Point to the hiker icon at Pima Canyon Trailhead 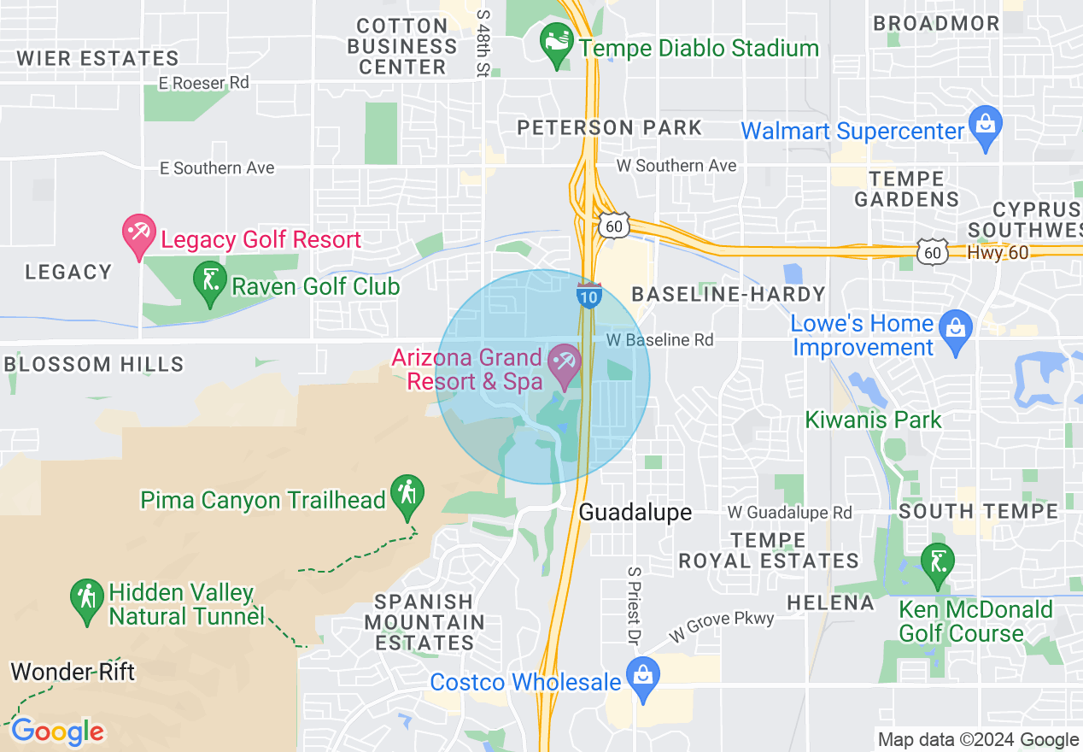point(407,496)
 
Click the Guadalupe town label point(635,512)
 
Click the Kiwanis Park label point(874,420)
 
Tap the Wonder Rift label point(73,672)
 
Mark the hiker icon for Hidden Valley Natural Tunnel point(86,602)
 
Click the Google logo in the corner point(57,731)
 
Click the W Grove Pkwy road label point(722,626)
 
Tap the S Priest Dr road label point(634,603)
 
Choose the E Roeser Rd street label point(204,83)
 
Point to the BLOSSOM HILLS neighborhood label point(94,364)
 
